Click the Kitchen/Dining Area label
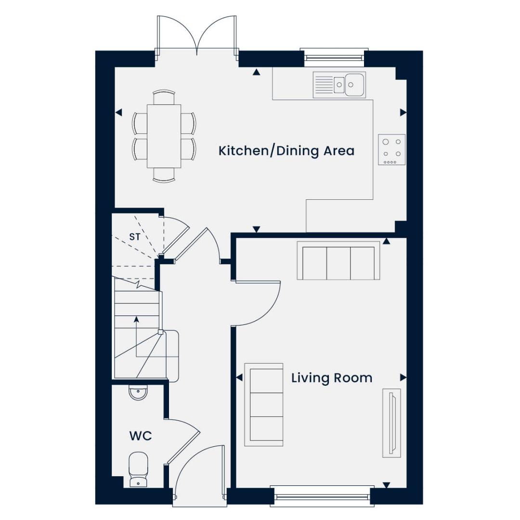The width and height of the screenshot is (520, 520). tap(286, 151)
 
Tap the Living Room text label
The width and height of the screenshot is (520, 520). tap(332, 378)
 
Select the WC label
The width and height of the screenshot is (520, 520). tap(141, 436)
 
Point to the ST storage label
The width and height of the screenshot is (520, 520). tap(135, 237)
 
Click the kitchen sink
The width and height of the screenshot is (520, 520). tap(339, 85)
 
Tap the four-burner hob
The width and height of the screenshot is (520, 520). tap(391, 150)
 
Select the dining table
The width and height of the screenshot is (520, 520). tap(164, 136)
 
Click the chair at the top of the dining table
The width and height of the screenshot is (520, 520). tap(164, 97)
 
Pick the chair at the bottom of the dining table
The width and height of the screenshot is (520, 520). tap(164, 175)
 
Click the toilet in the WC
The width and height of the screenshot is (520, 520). tap(138, 469)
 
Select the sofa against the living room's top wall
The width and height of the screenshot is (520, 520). tap(338, 260)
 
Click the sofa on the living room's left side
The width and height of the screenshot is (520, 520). tap(264, 404)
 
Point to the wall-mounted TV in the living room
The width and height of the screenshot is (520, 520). tap(391, 423)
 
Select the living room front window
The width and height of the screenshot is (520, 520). tap(322, 497)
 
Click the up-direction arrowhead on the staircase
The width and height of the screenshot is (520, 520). tap(136, 319)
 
